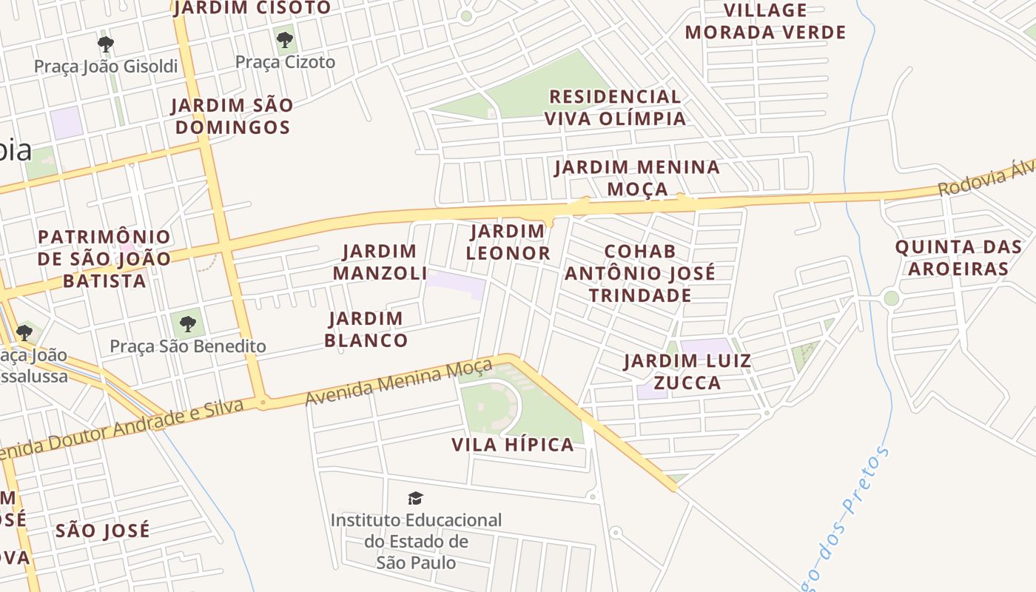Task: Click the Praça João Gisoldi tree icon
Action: [x=106, y=44]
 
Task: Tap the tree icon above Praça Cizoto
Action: [x=285, y=39]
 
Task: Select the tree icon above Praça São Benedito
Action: [x=188, y=323]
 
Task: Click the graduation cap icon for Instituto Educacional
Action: [x=416, y=499]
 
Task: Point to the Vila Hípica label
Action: [x=513, y=445]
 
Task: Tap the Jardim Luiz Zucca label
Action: [x=687, y=371]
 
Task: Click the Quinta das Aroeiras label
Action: [x=958, y=258]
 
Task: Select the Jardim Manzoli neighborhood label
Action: [x=380, y=262]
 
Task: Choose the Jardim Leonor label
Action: [x=508, y=242]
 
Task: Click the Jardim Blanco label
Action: [x=366, y=329]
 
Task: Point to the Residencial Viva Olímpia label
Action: [x=615, y=107]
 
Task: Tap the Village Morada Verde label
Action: [x=765, y=21]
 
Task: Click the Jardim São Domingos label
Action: [x=232, y=116]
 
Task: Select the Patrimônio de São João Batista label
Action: [x=104, y=259]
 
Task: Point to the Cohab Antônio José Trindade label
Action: [x=640, y=273]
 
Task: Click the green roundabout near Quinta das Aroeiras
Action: [x=891, y=298]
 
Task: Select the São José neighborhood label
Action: [x=103, y=531]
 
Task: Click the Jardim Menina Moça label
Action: [x=637, y=178]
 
